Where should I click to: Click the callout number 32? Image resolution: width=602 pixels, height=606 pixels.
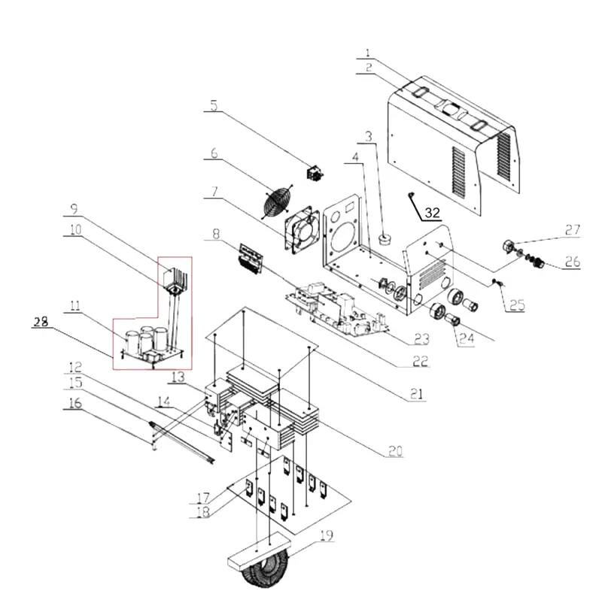pos(432,213)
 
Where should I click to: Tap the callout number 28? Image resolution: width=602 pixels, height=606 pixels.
pos(41,321)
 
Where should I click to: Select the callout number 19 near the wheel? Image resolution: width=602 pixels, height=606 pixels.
pos(327,535)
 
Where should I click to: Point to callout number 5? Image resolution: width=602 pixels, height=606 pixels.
pos(214,105)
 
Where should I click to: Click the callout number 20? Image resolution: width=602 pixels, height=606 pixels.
pos(395,450)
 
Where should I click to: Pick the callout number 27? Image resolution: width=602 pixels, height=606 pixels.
pos(573,229)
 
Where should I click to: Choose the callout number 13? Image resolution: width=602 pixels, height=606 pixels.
pos(178,377)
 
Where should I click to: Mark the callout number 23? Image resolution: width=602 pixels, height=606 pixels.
pos(421,339)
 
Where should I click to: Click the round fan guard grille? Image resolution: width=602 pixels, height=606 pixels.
pos(277,202)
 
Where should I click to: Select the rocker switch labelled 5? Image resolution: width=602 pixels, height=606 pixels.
pos(315,174)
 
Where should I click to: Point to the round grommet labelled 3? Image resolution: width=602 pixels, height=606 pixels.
pos(385,239)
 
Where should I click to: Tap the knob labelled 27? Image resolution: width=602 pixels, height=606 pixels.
pos(509,246)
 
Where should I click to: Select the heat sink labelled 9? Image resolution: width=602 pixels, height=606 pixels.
pos(176,280)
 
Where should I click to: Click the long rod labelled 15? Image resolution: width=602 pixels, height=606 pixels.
pos(181,441)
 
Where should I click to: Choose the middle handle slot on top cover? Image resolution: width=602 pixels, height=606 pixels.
pos(453,108)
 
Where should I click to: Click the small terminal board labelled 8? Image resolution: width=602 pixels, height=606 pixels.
pos(251,259)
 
